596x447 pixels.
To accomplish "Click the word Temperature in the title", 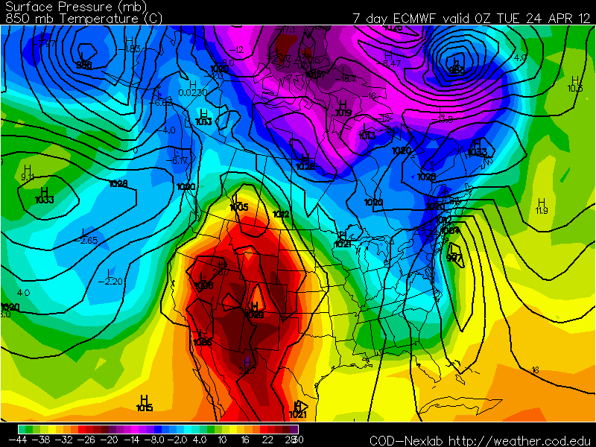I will (x=80, y=19).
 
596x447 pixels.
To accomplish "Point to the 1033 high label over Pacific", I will (x=44, y=200).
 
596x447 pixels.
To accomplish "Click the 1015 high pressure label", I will (x=145, y=408).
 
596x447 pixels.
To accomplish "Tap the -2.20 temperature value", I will (x=113, y=281).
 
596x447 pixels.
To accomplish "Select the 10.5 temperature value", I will (x=574, y=89).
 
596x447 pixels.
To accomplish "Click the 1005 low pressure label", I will (x=239, y=207).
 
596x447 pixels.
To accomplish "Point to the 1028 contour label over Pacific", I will (x=118, y=183).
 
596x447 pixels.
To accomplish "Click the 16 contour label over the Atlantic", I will (x=535, y=370).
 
